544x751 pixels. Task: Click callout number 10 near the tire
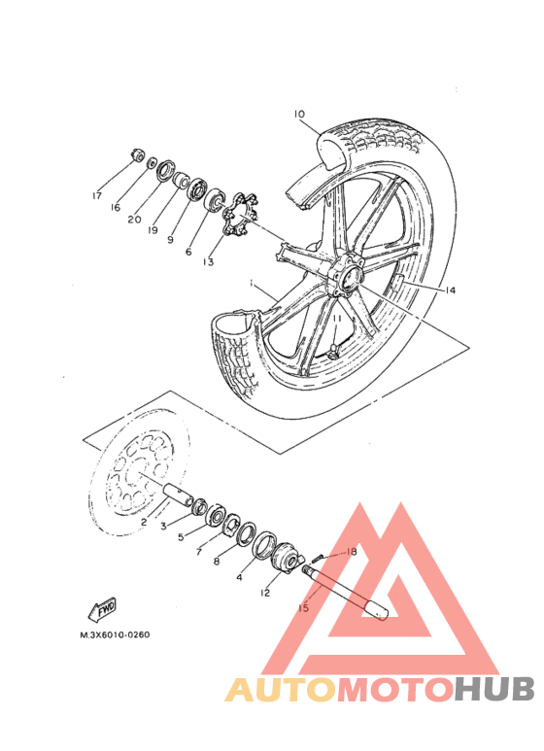299,114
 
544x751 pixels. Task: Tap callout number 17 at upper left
97,195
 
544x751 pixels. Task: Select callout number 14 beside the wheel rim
450,290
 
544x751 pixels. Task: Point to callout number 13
208,262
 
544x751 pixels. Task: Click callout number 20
135,219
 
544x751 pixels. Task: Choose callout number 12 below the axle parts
265,593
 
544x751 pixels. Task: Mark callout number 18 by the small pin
351,552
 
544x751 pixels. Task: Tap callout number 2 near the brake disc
144,522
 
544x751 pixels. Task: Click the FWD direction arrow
102,610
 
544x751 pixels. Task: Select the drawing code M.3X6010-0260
115,634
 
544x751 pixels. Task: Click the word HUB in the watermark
494,689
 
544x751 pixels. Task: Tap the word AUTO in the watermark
281,690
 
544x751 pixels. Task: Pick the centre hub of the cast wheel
346,278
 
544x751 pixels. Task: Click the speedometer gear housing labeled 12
287,557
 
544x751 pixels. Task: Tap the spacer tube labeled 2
179,495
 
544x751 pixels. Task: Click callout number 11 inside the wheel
338,319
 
